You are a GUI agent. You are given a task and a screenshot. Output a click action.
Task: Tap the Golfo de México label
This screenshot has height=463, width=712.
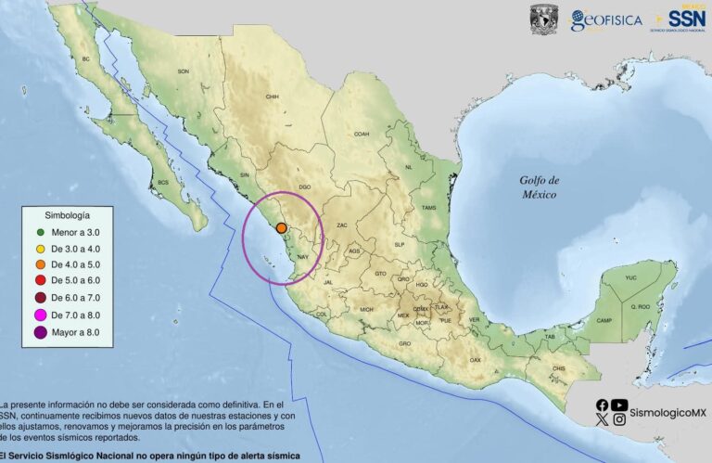(x=539, y=186)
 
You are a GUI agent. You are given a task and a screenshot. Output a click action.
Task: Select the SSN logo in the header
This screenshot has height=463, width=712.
(x=687, y=18)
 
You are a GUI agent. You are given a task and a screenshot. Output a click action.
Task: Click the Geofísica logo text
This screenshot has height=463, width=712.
(x=607, y=20)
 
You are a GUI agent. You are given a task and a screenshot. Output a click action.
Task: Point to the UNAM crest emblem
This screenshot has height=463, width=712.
(x=543, y=19)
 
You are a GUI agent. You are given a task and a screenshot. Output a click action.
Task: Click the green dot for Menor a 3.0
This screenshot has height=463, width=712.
(x=41, y=231)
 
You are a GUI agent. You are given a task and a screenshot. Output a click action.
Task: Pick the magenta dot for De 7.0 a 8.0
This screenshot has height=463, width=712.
(x=41, y=315)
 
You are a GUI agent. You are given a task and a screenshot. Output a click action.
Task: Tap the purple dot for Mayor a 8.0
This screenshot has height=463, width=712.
(x=41, y=331)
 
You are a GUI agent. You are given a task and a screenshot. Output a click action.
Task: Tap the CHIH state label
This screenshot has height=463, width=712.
(x=273, y=96)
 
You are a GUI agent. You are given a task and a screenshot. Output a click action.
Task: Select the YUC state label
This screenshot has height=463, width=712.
(x=631, y=277)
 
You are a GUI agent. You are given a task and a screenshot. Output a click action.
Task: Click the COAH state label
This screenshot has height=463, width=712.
(x=361, y=134)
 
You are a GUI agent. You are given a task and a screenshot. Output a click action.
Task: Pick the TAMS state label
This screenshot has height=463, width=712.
(x=427, y=208)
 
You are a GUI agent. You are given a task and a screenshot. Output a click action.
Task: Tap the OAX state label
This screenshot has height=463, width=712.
(x=476, y=359)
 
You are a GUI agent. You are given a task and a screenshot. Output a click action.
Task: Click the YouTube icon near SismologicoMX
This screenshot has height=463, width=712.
(x=619, y=404)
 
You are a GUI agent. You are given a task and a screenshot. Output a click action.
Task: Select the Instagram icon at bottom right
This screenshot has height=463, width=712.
(x=619, y=419)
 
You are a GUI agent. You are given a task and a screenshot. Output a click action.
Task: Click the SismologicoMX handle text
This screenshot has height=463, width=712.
(x=667, y=411)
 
